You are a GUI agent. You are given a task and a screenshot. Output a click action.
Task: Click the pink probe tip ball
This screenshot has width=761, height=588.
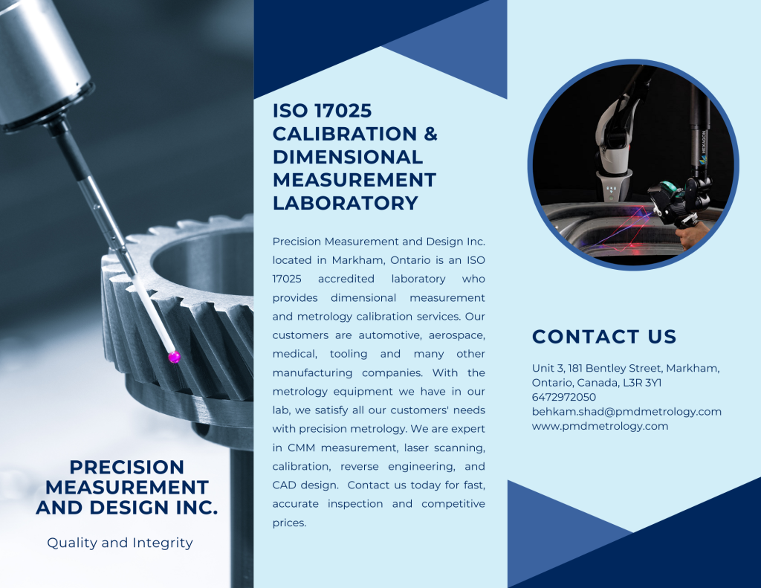click(174, 357)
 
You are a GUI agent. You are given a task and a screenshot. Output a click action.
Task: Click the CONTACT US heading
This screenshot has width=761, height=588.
click(604, 337)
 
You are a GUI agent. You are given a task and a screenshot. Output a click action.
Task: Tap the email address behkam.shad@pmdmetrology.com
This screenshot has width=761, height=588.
click(626, 411)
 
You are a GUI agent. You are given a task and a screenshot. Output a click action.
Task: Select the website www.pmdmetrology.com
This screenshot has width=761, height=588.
click(600, 426)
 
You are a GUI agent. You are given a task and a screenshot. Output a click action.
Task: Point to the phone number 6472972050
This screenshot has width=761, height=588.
click(564, 397)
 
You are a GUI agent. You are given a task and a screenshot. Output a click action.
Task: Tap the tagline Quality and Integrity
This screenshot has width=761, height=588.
click(120, 543)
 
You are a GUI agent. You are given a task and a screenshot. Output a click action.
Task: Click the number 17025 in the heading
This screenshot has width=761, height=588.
click(343, 111)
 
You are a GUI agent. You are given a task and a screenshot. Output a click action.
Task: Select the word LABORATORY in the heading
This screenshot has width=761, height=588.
click(345, 203)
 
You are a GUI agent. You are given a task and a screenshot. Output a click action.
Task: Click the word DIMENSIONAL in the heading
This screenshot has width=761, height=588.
click(348, 157)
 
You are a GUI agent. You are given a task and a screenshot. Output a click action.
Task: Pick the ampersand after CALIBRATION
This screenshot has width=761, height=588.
click(430, 134)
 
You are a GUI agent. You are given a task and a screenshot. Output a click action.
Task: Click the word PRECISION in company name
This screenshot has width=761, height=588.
click(126, 467)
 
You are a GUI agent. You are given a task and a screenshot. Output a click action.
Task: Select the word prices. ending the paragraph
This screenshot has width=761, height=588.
click(289, 523)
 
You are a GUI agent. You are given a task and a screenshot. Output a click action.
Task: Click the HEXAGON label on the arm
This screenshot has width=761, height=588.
click(703, 146)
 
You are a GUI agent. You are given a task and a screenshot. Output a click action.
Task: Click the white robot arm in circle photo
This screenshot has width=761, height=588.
click(614, 146)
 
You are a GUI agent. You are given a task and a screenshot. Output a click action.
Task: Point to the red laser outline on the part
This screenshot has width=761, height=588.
click(626, 228)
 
